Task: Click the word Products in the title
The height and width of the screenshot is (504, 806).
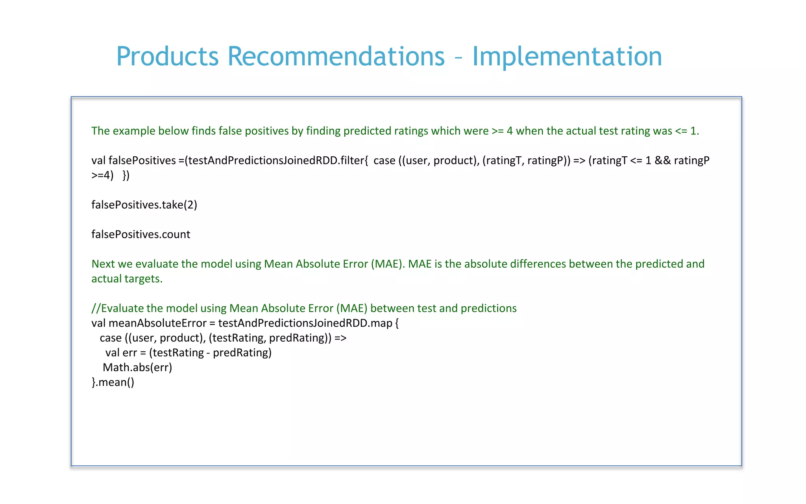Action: click(x=167, y=56)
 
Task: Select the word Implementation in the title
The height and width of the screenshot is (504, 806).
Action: click(x=567, y=56)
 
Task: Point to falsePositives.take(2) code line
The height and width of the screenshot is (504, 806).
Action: click(x=144, y=205)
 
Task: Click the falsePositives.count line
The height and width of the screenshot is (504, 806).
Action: click(x=140, y=234)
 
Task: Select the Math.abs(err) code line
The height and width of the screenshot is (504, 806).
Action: click(x=137, y=367)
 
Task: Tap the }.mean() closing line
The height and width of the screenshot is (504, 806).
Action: click(x=113, y=382)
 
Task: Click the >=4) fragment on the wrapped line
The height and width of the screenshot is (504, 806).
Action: click(x=102, y=175)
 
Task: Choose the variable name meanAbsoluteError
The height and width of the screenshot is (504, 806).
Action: click(x=157, y=323)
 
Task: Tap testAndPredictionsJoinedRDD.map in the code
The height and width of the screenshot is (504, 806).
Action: click(x=305, y=323)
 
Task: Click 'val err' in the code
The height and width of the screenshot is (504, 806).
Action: click(x=121, y=353)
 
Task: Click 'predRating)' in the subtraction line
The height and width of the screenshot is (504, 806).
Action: click(x=242, y=353)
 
